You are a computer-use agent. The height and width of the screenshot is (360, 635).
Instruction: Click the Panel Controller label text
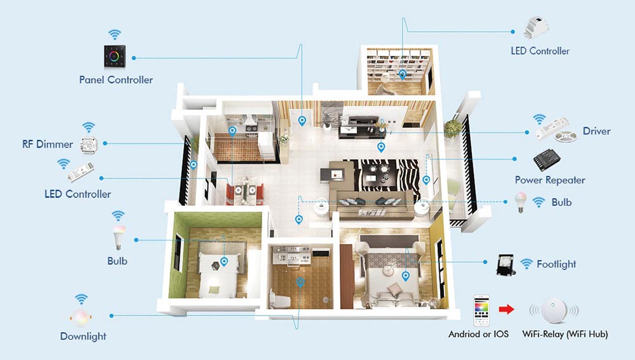tap(116, 80)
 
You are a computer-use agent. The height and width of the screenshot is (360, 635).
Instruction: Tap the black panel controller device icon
tap(114, 56)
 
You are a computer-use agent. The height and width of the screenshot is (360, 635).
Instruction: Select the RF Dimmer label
tap(48, 144)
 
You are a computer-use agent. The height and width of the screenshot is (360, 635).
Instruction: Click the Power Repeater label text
tap(550, 180)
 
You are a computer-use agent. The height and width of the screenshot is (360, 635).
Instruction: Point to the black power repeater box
tap(547, 159)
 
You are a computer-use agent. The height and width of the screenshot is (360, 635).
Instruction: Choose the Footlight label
tap(556, 264)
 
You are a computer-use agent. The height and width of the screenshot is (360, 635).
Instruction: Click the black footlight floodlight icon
tap(506, 265)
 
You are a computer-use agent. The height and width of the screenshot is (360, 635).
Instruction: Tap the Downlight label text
tap(83, 336)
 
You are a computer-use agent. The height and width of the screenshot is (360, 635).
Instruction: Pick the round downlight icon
tap(81, 318)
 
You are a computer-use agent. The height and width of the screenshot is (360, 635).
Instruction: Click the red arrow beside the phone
tap(506, 309)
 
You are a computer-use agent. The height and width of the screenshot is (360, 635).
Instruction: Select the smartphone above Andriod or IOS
tap(481, 310)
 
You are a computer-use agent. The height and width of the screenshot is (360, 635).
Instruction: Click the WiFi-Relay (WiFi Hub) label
tap(565, 334)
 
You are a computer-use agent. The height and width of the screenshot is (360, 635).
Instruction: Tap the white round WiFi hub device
tap(554, 310)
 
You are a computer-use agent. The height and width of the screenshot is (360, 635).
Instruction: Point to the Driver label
tap(596, 131)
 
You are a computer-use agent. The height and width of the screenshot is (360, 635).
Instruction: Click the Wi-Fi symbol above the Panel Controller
tap(114, 34)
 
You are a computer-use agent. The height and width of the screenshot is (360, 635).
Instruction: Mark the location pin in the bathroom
tap(300, 283)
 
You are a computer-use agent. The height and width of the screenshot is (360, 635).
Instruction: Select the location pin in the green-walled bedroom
tap(224, 262)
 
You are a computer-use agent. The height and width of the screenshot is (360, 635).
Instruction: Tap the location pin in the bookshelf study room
tap(402, 75)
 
